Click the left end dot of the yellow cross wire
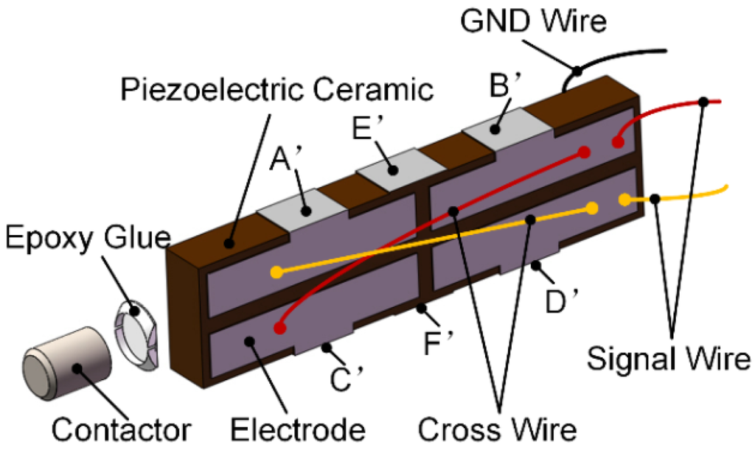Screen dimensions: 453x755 pyautogui.click(x=276, y=273)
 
